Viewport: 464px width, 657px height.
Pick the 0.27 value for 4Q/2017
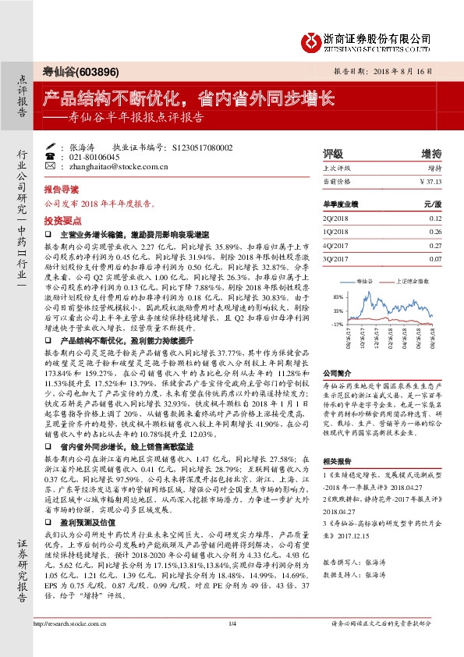(x=434, y=244)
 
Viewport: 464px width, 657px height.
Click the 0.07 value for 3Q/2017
(x=434, y=257)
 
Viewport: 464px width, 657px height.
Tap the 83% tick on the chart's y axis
(x=337, y=298)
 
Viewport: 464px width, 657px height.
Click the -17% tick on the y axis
(x=337, y=323)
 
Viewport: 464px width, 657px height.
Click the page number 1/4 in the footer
(x=232, y=645)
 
